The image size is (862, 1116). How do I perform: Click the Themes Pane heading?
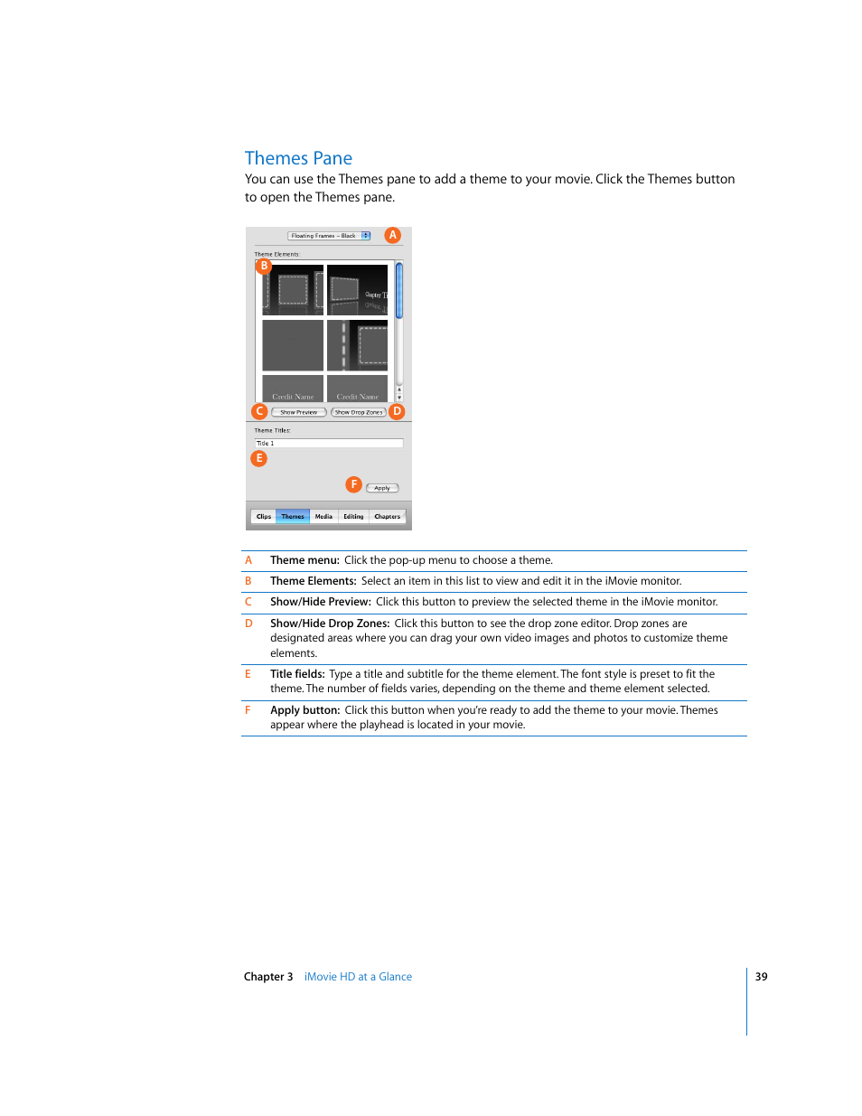click(298, 158)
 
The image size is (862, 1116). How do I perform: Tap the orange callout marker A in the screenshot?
click(392, 235)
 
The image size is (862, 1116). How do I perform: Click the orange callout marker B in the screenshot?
click(264, 266)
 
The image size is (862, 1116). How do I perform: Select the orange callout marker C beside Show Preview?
click(259, 411)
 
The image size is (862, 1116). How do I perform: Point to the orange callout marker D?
click(397, 411)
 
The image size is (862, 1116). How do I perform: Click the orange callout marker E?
click(259, 458)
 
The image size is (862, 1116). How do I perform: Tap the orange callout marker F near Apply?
click(353, 484)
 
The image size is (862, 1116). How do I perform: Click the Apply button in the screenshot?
click(382, 488)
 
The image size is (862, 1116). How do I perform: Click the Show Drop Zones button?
click(359, 412)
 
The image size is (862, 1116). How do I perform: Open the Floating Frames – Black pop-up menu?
click(329, 236)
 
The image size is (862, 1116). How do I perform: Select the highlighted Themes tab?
click(293, 517)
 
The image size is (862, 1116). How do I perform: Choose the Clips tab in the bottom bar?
click(264, 517)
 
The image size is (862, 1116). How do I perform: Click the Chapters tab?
click(387, 517)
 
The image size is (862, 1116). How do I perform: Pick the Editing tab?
click(353, 517)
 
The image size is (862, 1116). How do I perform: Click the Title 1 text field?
click(329, 444)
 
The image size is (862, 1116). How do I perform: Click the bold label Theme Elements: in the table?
click(313, 581)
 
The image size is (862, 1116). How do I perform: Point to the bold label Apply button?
click(305, 710)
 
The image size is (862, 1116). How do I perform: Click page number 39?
click(762, 977)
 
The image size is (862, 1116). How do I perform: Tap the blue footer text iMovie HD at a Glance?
click(358, 977)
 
